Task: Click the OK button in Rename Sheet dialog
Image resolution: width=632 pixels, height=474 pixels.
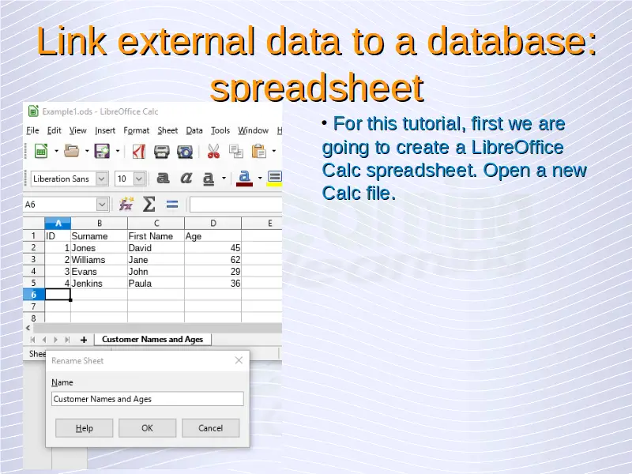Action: (147, 427)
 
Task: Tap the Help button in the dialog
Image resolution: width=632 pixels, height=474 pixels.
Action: (85, 427)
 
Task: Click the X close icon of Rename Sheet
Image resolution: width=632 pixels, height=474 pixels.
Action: (239, 360)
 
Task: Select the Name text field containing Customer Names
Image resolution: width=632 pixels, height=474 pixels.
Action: (148, 399)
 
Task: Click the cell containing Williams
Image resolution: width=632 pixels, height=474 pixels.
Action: (100, 260)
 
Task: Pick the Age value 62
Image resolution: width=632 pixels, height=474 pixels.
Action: (213, 260)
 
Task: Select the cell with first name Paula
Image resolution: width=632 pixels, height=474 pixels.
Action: (156, 284)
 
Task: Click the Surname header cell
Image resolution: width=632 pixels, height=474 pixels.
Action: (100, 235)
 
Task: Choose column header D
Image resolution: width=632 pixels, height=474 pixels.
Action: (213, 223)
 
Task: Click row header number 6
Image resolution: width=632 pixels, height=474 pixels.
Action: (34, 295)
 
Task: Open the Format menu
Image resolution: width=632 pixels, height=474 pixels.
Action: (136, 130)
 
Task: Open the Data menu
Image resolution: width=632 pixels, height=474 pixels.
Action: (194, 130)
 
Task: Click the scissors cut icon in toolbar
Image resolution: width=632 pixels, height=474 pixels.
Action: (213, 152)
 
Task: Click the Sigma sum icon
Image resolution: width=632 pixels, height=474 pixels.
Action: (149, 204)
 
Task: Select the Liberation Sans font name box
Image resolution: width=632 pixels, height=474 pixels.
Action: (64, 179)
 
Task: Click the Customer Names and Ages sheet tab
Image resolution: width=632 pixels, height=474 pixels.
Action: (152, 340)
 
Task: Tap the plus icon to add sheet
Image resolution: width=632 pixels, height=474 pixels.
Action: (84, 340)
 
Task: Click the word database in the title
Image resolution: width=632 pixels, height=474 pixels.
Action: (511, 42)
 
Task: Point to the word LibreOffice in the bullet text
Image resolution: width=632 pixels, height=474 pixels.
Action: (517, 147)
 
